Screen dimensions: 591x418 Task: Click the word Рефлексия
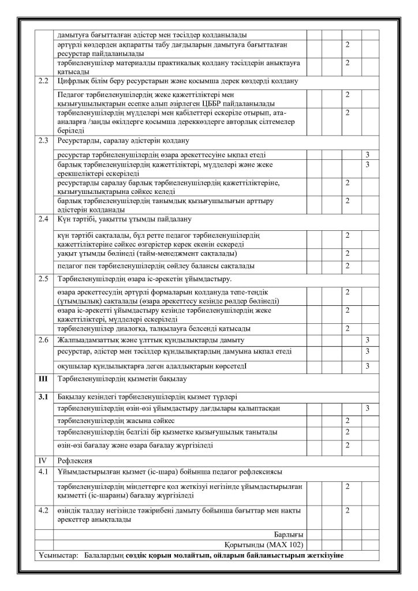[x=73, y=461]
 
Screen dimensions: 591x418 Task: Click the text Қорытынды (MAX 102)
[x=263, y=545]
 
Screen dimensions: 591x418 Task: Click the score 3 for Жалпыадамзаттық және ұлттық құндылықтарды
[x=367, y=339]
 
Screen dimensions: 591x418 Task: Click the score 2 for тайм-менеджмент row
[x=347, y=254]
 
